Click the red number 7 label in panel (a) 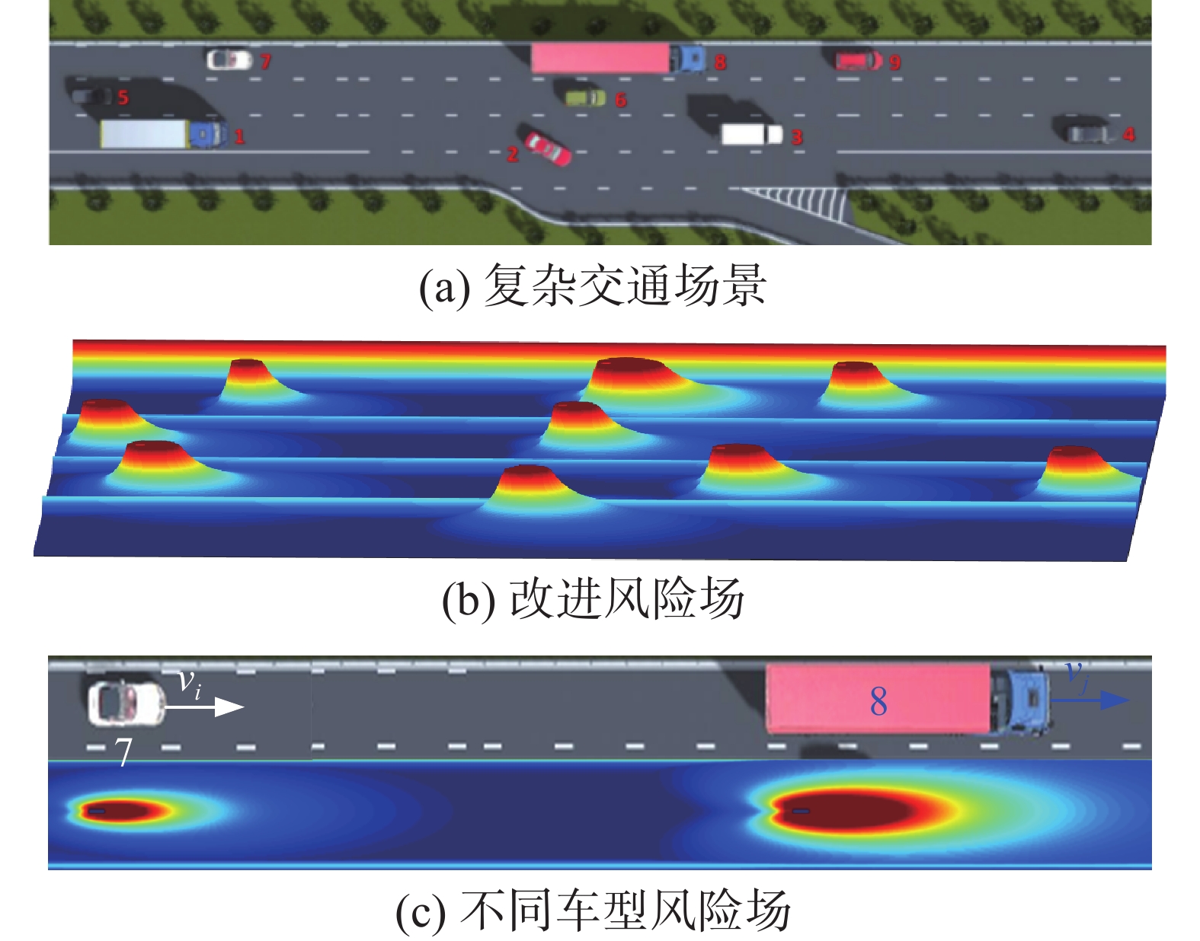(265, 62)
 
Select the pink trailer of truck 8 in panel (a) (600, 58)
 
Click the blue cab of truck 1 (207, 135)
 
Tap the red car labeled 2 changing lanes (546, 148)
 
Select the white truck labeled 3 (751, 135)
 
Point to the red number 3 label (797, 137)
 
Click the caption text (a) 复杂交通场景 (593, 286)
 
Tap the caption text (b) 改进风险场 (593, 598)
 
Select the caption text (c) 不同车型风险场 (593, 911)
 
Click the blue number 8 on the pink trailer (878, 701)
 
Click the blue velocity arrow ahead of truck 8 (1090, 700)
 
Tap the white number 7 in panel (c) (123, 752)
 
